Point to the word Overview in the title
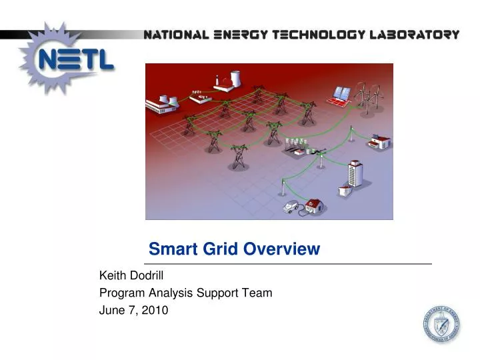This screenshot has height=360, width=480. [282, 249]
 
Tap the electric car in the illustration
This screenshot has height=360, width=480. [291, 207]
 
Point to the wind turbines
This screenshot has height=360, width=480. [365, 93]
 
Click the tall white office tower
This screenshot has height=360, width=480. [354, 174]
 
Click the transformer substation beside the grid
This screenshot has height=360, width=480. [295, 145]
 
